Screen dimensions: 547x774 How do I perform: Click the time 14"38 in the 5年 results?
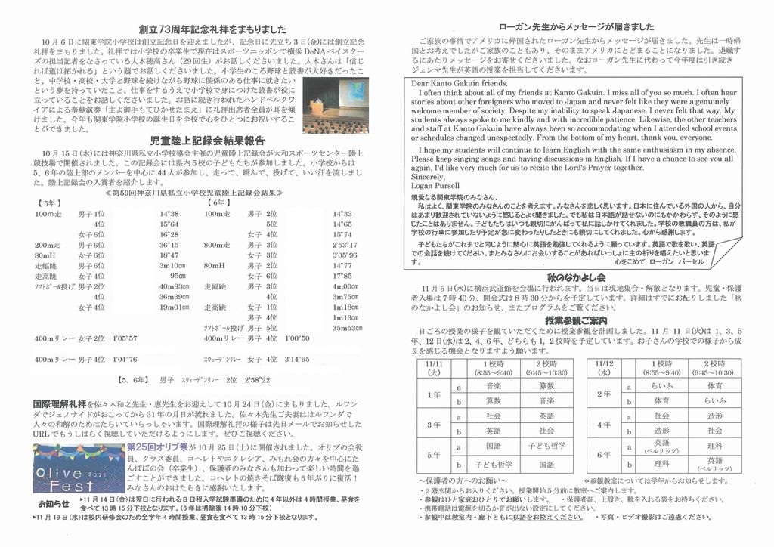coord(169,214)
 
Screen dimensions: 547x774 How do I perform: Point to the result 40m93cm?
coord(173,286)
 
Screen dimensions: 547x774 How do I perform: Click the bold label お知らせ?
coord(53,503)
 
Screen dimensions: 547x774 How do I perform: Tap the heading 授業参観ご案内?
coord(578,320)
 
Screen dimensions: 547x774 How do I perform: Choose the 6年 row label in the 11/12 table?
coord(603,456)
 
